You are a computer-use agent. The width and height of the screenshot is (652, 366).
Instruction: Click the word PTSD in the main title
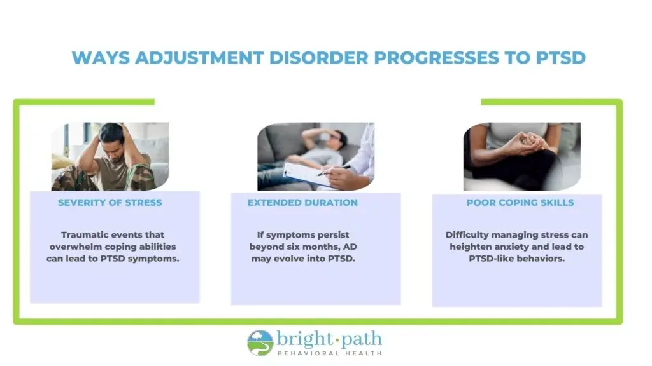[x=561, y=58]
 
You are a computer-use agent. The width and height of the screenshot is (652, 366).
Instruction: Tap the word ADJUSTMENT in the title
[x=199, y=58]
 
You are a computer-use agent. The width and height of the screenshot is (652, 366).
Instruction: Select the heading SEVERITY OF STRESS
[x=110, y=203]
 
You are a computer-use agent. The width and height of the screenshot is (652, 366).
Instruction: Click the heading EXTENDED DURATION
[x=302, y=203]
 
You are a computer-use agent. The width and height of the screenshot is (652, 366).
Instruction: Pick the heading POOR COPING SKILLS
[x=520, y=203]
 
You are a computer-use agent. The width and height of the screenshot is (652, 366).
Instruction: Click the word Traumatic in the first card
[x=83, y=235]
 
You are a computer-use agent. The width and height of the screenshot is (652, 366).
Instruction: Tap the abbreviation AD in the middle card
[x=350, y=247]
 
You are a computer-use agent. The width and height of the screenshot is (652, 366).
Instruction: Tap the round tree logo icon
[x=260, y=343]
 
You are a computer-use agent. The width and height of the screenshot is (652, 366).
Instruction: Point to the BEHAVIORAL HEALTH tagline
[x=330, y=353]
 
